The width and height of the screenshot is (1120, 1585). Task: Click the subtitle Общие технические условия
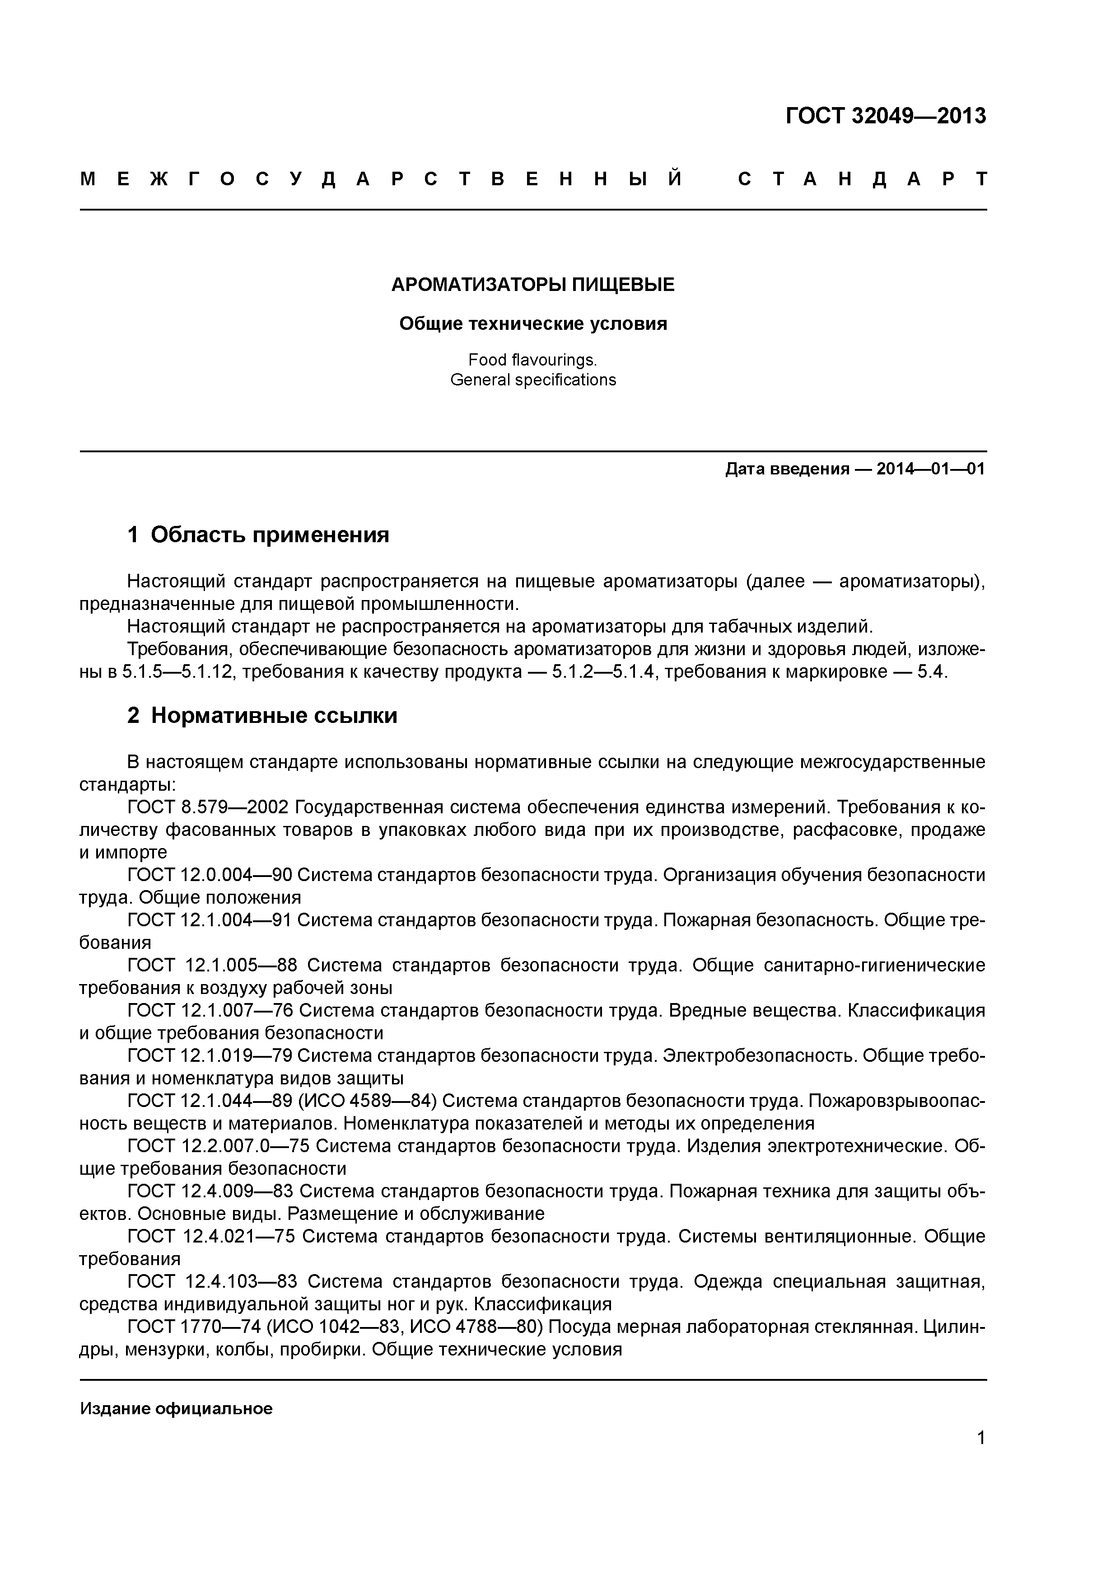point(533,324)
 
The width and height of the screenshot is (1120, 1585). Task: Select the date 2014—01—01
point(930,469)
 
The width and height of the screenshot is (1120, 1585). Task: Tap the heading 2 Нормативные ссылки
point(262,716)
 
